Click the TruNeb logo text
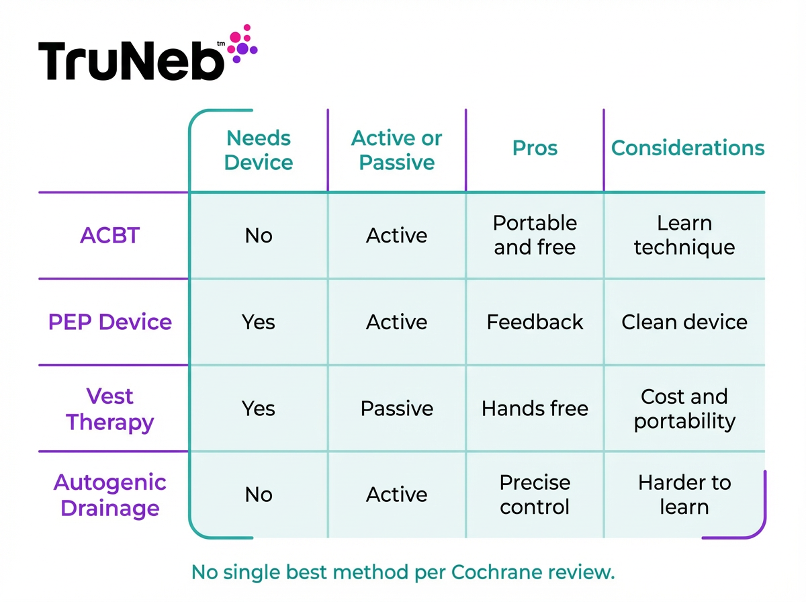[131, 60]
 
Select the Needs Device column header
[259, 150]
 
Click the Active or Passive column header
[396, 150]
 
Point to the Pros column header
[535, 148]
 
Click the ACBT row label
[110, 236]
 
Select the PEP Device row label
[110, 322]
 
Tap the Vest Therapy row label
[110, 409]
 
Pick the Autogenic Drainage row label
[110, 495]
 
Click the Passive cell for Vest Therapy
[396, 408]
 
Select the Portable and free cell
[535, 235]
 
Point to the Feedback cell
[535, 322]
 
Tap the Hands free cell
[535, 408]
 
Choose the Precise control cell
[535, 494]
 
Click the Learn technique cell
[684, 235]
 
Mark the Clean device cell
[684, 322]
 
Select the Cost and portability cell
[684, 408]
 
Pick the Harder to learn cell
[684, 494]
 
